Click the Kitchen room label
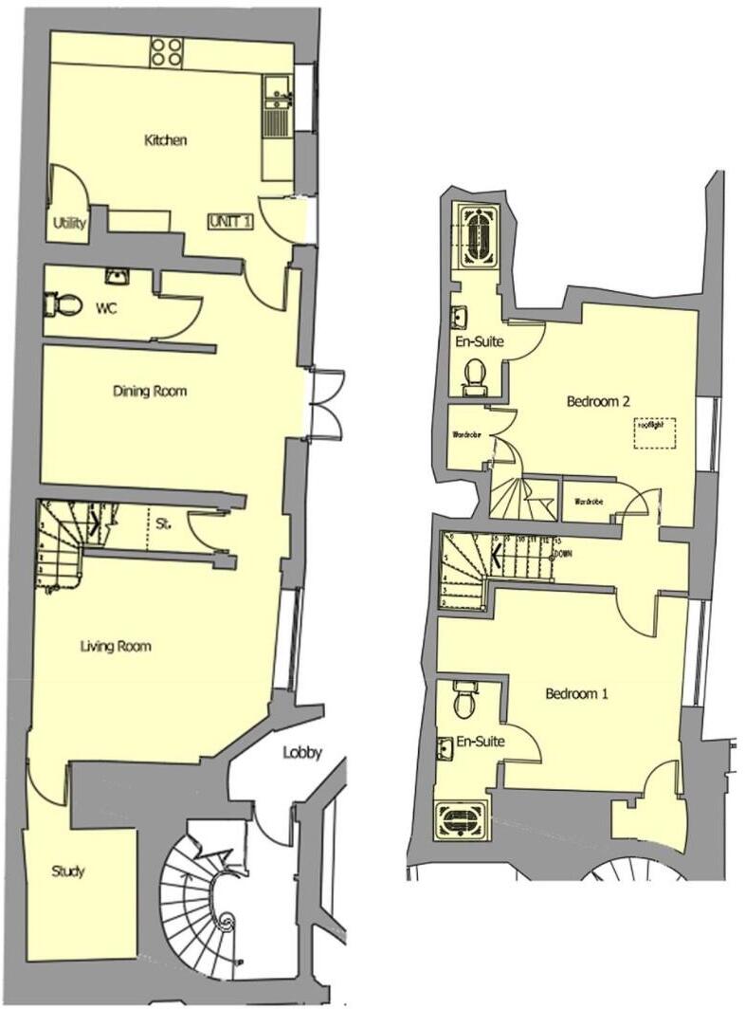[x=165, y=140]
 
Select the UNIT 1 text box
[x=230, y=221]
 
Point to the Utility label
[x=71, y=225]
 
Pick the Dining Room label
[x=149, y=391]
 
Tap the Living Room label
[x=116, y=647]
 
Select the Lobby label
[x=302, y=753]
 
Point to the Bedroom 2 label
[x=598, y=401]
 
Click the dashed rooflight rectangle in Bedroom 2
[x=655, y=432]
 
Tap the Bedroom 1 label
[x=576, y=693]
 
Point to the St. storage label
[x=164, y=522]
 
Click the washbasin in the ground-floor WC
[x=118, y=276]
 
